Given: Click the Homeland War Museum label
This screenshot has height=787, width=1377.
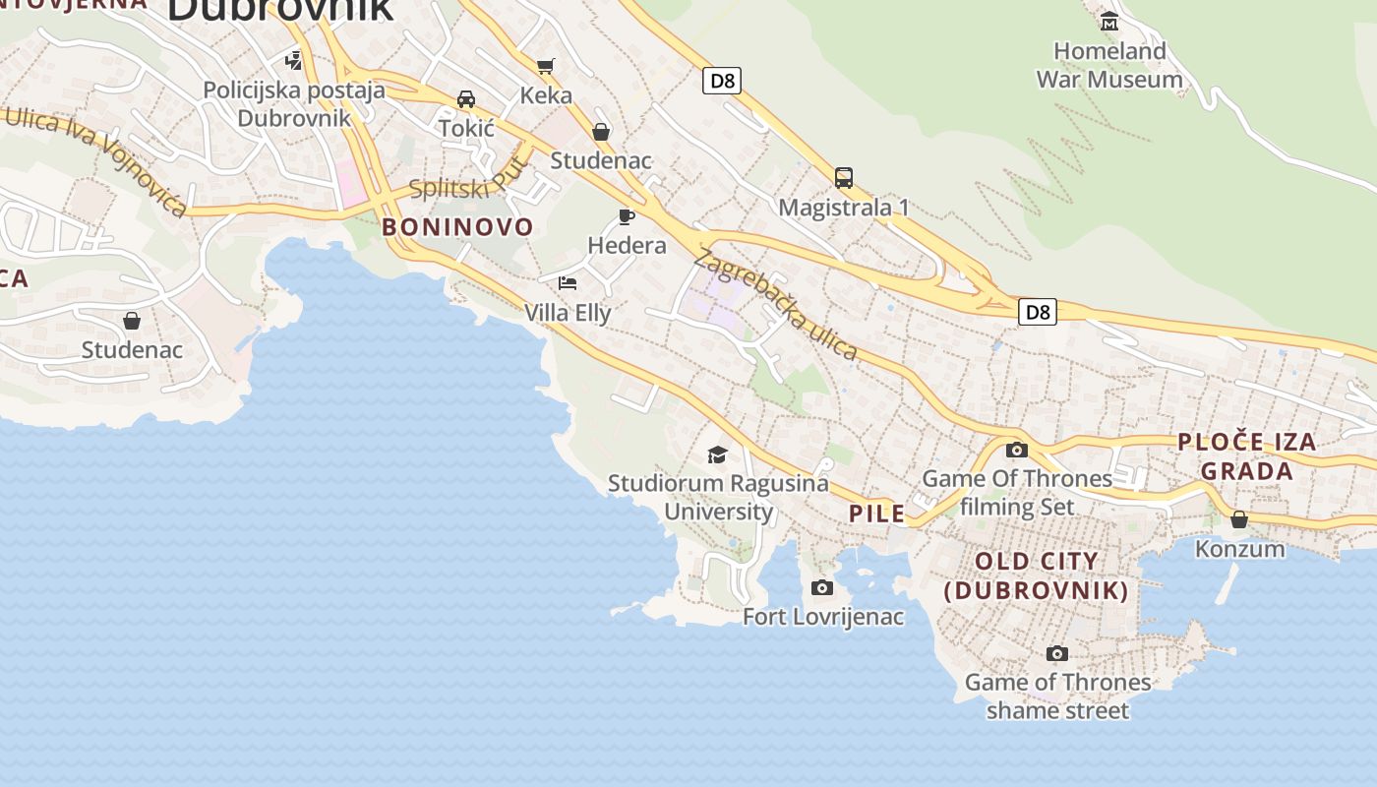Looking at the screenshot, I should [1109, 65].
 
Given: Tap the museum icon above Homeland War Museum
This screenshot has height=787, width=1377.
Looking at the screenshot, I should [1109, 21].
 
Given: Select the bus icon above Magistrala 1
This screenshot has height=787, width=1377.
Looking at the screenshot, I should [844, 178].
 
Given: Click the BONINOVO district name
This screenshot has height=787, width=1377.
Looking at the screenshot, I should [457, 227].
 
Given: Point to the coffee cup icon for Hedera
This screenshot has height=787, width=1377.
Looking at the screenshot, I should [627, 216].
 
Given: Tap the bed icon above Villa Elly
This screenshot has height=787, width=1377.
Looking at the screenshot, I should [568, 283].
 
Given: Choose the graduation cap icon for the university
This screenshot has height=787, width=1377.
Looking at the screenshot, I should [718, 454].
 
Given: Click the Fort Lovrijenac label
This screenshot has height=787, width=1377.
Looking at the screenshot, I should [823, 617].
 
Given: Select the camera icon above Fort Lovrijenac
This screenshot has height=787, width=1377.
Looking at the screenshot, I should [822, 588].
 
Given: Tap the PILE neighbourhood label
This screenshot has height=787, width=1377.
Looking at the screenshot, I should [876, 514].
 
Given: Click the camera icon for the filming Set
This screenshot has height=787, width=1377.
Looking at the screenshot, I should [1017, 451].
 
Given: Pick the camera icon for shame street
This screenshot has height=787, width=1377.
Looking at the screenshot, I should [1057, 653].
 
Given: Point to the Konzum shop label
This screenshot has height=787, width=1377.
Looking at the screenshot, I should [1239, 549].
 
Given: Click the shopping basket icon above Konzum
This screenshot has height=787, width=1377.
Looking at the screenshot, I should [1239, 518].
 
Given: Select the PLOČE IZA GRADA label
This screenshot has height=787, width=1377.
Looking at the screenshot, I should [1247, 455].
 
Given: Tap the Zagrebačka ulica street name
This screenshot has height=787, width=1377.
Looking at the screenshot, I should [776, 304].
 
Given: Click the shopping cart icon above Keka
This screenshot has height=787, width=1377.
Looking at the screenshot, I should [546, 66].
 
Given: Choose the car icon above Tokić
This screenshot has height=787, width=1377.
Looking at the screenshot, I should [466, 99].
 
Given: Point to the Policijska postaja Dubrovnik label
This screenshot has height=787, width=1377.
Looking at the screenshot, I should [294, 104].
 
